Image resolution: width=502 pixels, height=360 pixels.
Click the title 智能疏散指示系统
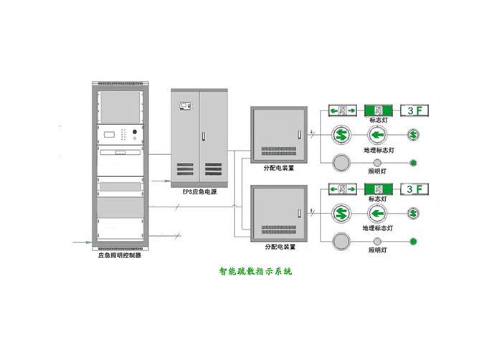[255, 273]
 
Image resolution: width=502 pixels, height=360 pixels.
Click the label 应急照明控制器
[118, 255]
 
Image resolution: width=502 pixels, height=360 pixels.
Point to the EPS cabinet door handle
[204, 136]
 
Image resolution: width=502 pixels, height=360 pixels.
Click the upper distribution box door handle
[298, 133]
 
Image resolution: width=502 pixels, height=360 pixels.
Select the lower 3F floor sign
[415, 189]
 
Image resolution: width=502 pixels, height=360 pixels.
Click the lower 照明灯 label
[377, 250]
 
